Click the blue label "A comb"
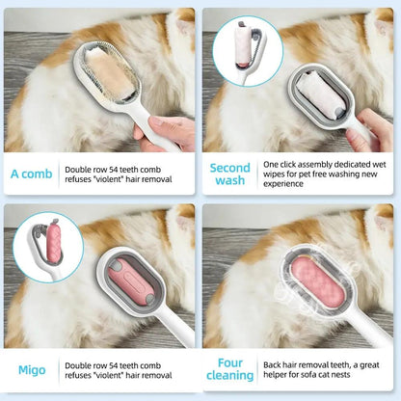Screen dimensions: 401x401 (x=32, y=174)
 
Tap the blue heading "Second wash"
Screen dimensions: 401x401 (x=229, y=174)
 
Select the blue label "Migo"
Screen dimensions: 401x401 (x=32, y=370)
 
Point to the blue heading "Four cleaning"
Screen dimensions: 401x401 (x=229, y=369)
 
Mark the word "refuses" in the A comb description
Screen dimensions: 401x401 (x=82, y=179)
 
